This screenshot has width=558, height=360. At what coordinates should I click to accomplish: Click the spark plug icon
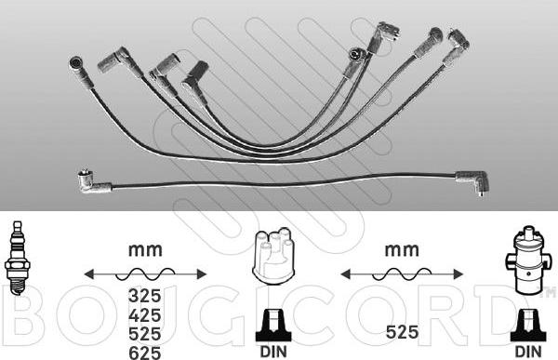(x=17, y=258)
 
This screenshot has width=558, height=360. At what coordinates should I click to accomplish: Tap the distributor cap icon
(x=273, y=257)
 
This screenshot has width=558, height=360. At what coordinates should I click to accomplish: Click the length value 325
(x=145, y=296)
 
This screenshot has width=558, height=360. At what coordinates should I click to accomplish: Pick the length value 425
(x=145, y=315)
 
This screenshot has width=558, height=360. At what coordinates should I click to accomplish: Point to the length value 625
(x=145, y=353)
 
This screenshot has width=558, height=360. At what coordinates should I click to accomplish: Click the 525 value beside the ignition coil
(x=402, y=332)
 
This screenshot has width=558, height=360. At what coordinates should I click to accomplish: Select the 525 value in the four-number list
(x=145, y=334)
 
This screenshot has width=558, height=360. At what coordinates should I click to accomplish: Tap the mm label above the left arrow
(x=145, y=250)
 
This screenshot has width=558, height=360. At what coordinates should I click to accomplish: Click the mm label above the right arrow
(x=402, y=250)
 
